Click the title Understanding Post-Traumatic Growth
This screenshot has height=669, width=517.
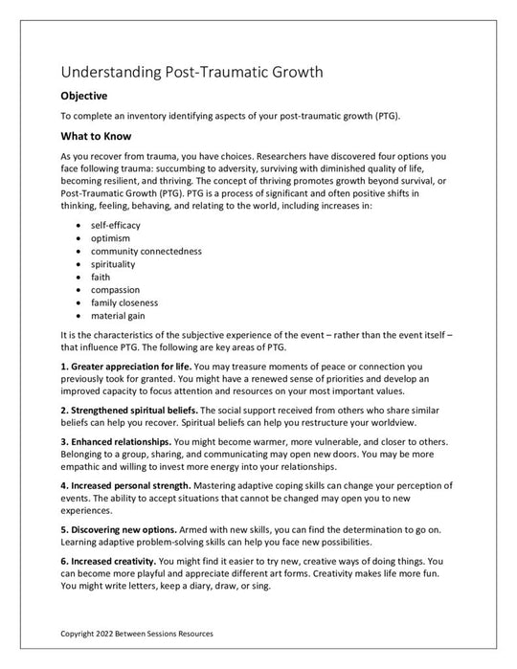[x=191, y=72]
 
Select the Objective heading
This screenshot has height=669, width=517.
[x=83, y=97]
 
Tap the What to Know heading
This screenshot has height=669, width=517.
[x=96, y=135]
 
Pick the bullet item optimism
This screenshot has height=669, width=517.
[x=111, y=236]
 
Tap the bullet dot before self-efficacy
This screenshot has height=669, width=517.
[x=78, y=224]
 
